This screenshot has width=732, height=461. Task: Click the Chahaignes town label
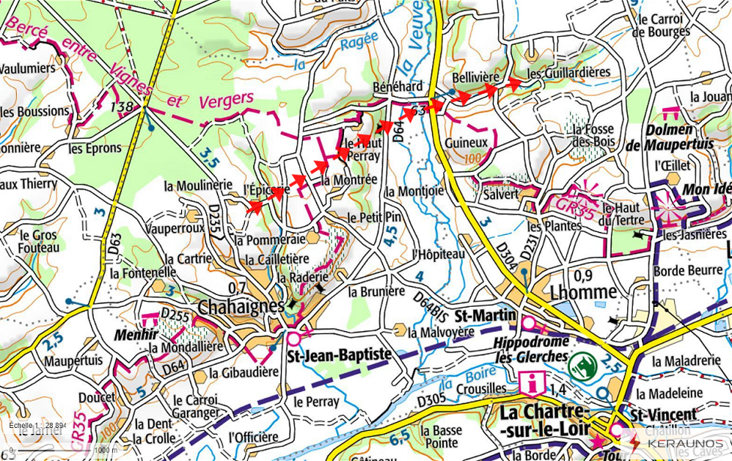coord(241,305)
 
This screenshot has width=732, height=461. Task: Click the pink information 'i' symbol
coord(530,382)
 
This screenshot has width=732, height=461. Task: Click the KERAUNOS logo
coord(684,444)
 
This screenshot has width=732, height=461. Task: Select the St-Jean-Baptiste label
coord(338,355)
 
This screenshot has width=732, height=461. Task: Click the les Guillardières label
coord(568,73)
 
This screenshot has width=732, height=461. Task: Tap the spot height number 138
coord(121,107)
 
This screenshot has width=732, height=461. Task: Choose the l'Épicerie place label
coord(267,189)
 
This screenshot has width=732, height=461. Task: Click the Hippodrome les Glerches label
coord(531,349)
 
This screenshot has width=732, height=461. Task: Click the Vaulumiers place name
coord(28,68)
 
